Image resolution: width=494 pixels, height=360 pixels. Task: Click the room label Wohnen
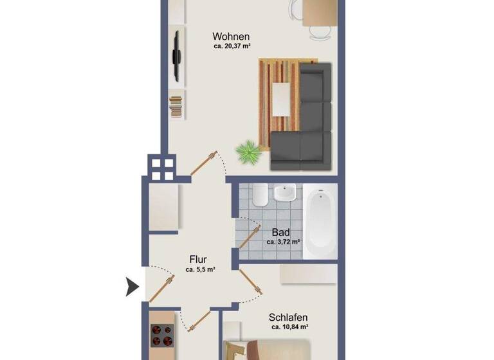231,37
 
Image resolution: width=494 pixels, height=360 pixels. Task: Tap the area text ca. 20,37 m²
232,46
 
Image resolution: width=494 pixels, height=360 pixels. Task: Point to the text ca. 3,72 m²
283,242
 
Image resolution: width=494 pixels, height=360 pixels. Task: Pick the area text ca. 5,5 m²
199,270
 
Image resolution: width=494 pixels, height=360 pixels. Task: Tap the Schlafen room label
288,317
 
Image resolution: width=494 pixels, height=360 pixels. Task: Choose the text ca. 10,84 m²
289,327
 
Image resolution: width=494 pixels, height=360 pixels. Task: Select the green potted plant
247,153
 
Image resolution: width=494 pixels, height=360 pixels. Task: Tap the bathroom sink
284,194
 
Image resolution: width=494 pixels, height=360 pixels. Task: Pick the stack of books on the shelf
175,106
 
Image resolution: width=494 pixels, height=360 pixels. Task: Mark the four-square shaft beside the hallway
160,168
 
